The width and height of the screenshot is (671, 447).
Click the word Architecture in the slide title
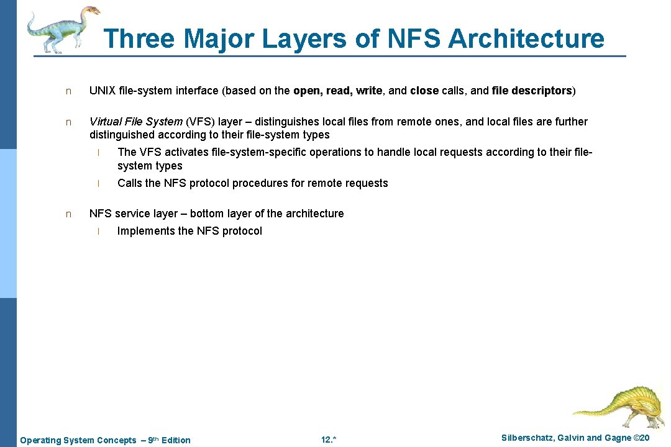526,38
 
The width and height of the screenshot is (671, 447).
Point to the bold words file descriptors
531,91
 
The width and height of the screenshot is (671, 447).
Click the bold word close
424,91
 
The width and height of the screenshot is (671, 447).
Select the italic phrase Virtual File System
136,122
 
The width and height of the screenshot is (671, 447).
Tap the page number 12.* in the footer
329,440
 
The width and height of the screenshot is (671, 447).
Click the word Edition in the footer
176,440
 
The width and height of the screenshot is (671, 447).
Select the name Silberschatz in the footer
528,438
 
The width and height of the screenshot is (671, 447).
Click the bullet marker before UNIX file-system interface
69,91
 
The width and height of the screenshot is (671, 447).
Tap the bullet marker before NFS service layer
69,214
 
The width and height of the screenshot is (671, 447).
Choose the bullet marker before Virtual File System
69,122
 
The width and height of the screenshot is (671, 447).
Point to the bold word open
307,91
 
